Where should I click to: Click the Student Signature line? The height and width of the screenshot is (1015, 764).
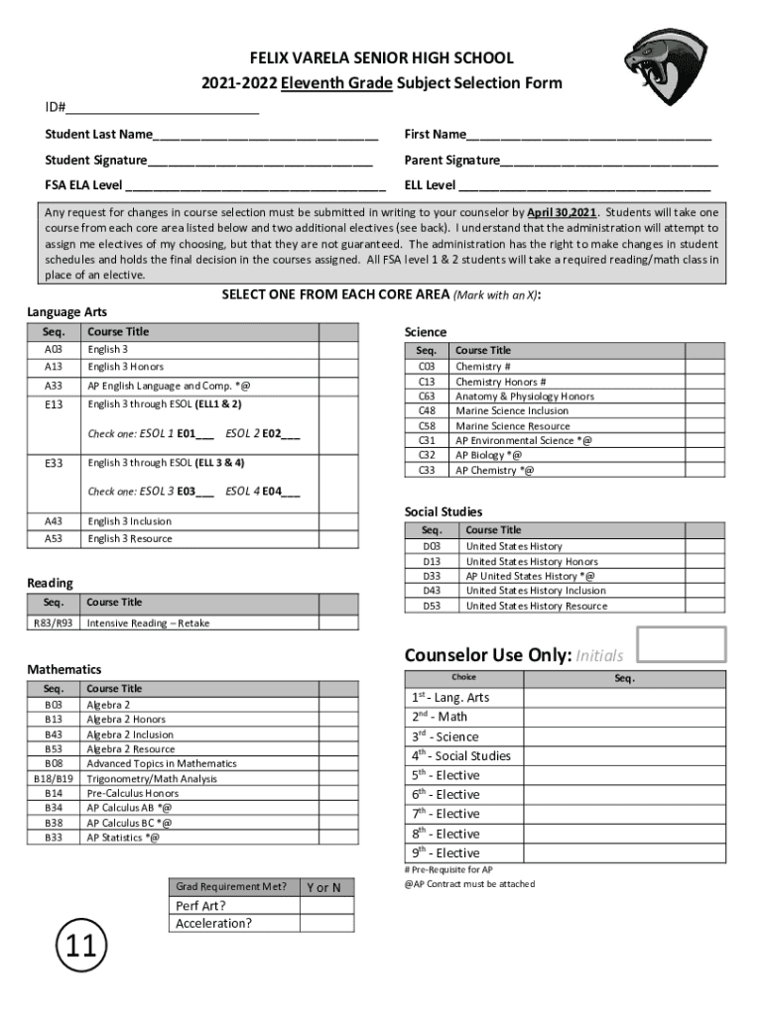tap(260, 161)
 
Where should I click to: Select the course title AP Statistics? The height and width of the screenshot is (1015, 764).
tap(122, 838)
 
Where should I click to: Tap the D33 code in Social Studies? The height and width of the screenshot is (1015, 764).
tap(432, 576)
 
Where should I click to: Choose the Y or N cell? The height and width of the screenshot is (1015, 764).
tap(326, 887)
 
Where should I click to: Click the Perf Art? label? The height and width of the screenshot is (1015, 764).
tap(200, 906)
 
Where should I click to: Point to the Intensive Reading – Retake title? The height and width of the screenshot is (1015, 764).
tap(148, 623)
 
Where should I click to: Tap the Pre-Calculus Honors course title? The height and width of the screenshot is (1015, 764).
tap(133, 793)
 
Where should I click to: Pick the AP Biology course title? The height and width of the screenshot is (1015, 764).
tap(488, 455)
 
